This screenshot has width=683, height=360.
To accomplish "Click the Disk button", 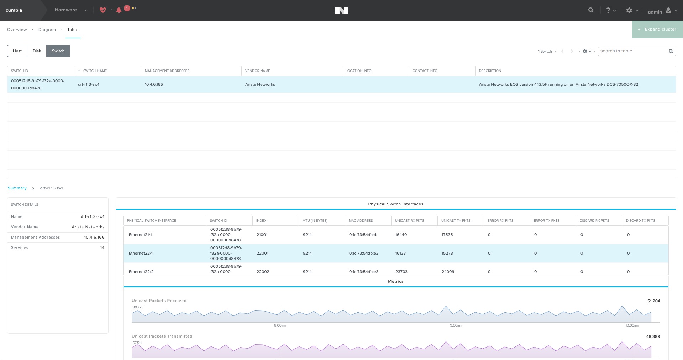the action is coord(37,51).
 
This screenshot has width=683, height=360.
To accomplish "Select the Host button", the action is coord(17,51).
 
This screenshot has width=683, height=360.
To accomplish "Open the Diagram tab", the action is coord(47,30).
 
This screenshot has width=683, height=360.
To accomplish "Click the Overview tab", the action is coord(17,30).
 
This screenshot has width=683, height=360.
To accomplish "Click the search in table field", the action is coord(633,51).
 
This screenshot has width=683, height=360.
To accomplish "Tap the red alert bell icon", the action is coord(119,10).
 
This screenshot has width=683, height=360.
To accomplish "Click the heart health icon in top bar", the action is coord(103,10).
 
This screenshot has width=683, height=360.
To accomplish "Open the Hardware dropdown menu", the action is coord(71,10).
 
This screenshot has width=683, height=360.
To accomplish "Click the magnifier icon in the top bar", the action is coord(591,10).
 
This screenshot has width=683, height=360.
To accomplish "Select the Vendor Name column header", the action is coord(258,71).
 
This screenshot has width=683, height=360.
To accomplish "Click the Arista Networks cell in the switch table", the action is coord(260,84).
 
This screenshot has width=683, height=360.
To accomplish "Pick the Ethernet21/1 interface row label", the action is coord(140,235).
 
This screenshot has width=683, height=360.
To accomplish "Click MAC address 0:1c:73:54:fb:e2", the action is coord(364,253).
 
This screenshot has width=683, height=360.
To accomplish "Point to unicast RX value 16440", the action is coord(401,235).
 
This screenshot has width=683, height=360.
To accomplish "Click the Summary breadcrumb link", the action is coord(17,188).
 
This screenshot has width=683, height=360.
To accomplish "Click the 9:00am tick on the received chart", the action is coord(456,325).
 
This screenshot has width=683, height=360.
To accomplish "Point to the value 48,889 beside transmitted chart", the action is coord(653,336).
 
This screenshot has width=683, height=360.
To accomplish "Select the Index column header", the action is coord(261,221).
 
